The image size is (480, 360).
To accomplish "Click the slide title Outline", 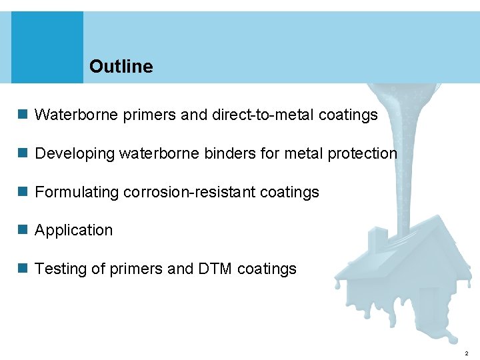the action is click(121, 67).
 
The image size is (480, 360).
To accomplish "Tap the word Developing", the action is click(75, 153).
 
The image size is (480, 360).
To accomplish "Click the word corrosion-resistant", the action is click(189, 192).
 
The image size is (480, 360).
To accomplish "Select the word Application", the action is click(73, 231).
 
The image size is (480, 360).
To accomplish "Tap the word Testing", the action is click(59, 269).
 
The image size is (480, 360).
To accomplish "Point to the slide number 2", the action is click(466, 353).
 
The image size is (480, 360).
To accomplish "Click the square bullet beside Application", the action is click(23, 230).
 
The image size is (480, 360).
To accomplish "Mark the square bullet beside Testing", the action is click(23, 269).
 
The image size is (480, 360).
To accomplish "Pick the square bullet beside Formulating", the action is click(23, 192).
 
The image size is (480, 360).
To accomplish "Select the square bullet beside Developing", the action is click(23, 153).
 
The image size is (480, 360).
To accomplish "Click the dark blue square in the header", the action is click(47, 47).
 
